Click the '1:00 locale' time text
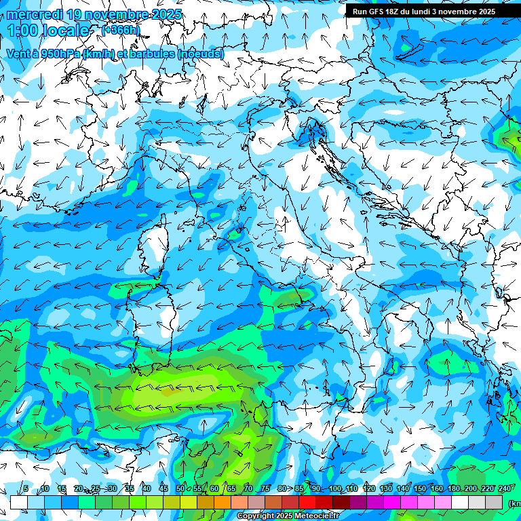48,31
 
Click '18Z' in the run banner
396,12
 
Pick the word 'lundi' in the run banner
430,12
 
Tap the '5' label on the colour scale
25,488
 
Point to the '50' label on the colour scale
180,488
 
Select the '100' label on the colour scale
335,488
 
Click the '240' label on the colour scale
504,488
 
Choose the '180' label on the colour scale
453,488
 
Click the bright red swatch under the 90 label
307,502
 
